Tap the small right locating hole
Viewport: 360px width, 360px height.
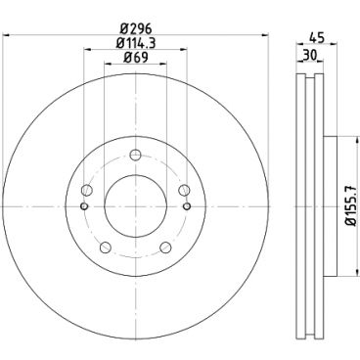[x=185, y=206]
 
